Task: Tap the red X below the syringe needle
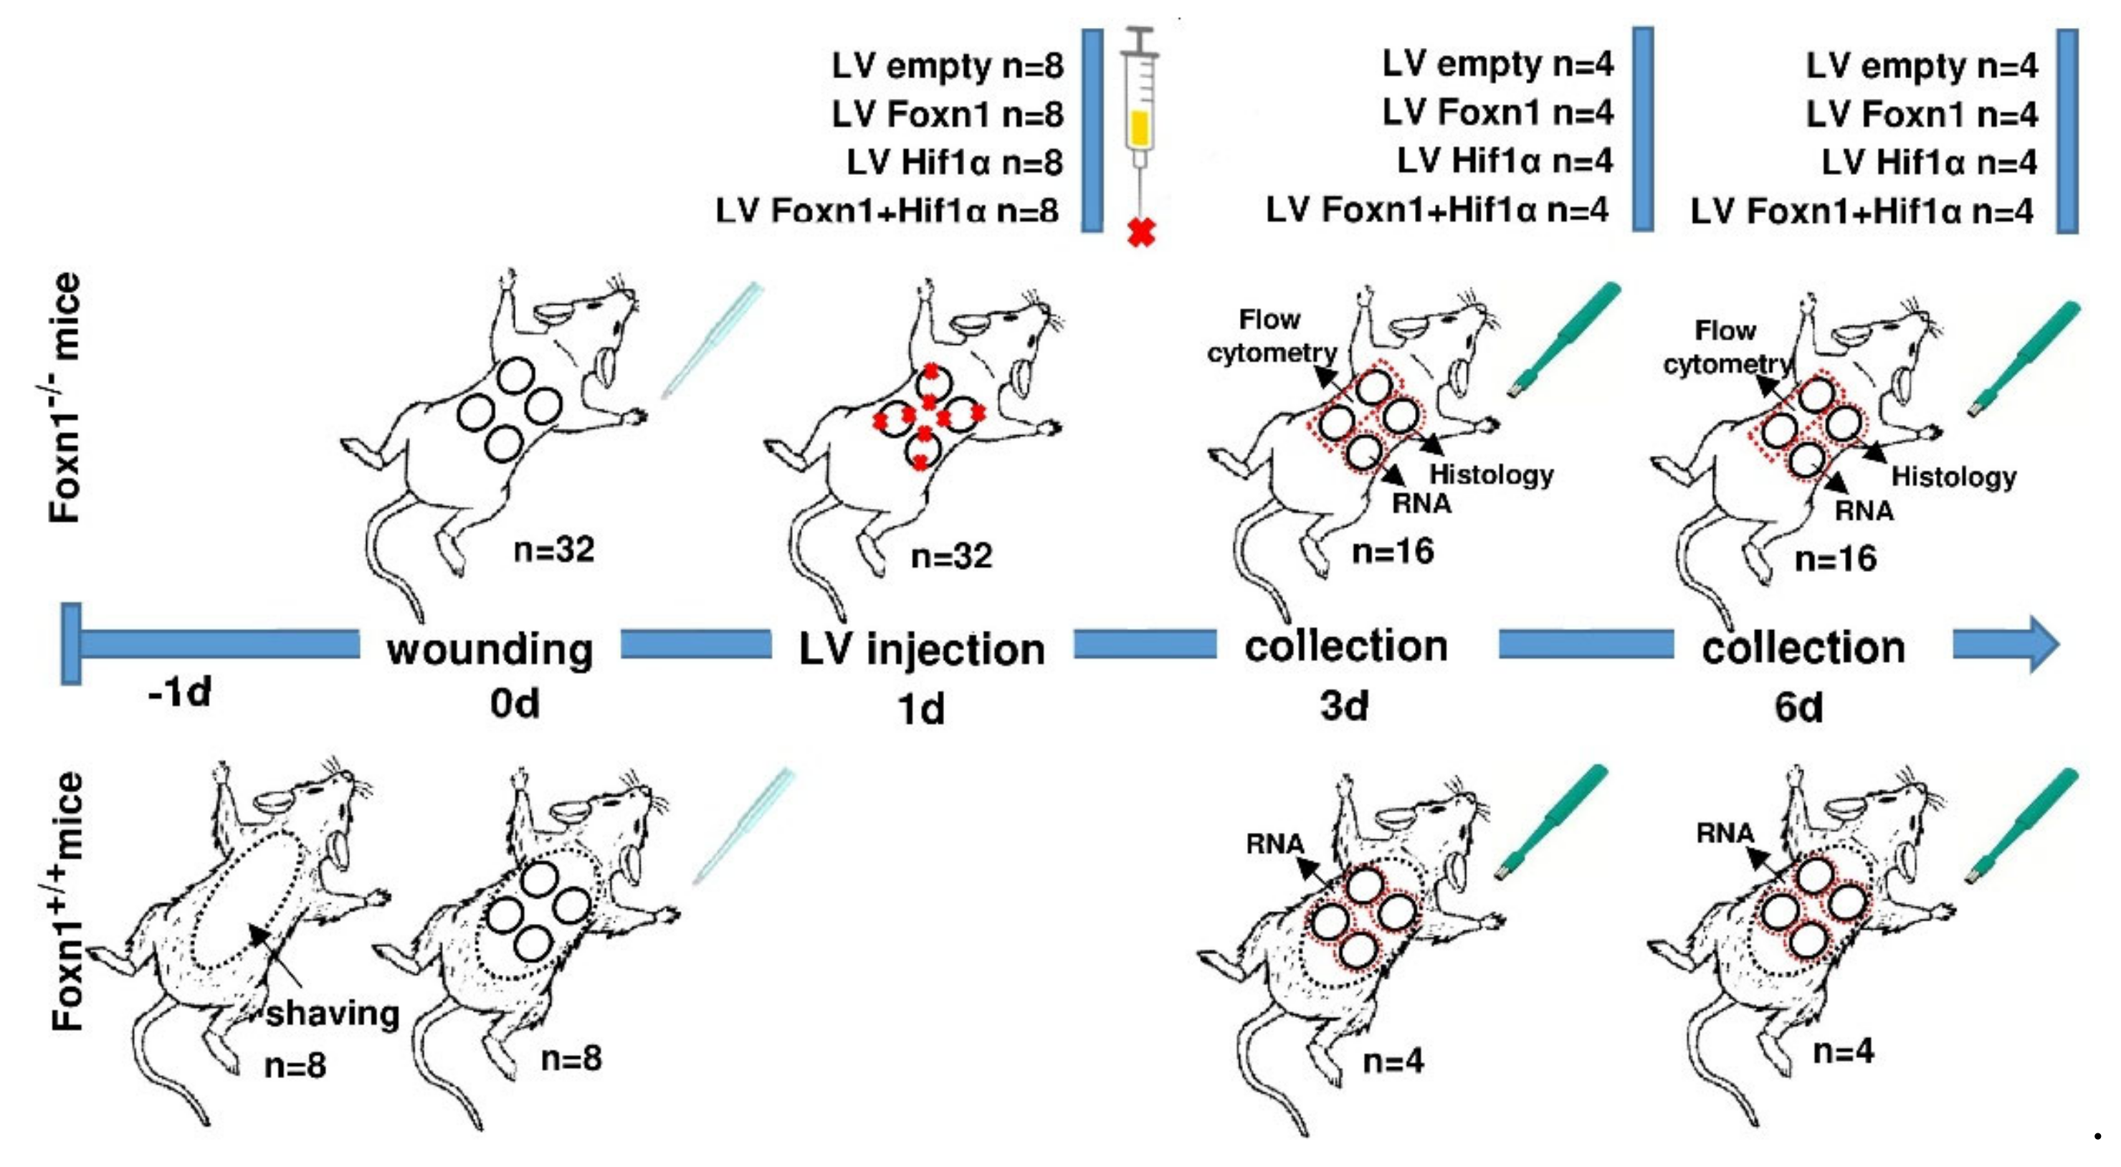(x=1141, y=233)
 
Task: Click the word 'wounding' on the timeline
(x=490, y=649)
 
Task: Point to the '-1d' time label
(x=179, y=692)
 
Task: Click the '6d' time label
(x=1798, y=707)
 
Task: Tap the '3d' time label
(x=1345, y=705)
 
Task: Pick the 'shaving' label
(x=333, y=1013)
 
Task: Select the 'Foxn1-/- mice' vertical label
(x=66, y=398)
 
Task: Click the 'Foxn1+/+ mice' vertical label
(x=67, y=901)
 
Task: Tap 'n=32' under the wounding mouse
(x=553, y=549)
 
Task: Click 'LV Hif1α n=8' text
(x=955, y=162)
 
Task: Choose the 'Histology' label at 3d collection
(x=1491, y=475)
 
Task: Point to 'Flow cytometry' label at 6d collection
(x=1727, y=347)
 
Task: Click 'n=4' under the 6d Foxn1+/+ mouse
(x=1844, y=1051)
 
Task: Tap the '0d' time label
(x=515, y=703)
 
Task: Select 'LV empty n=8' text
(x=948, y=65)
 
